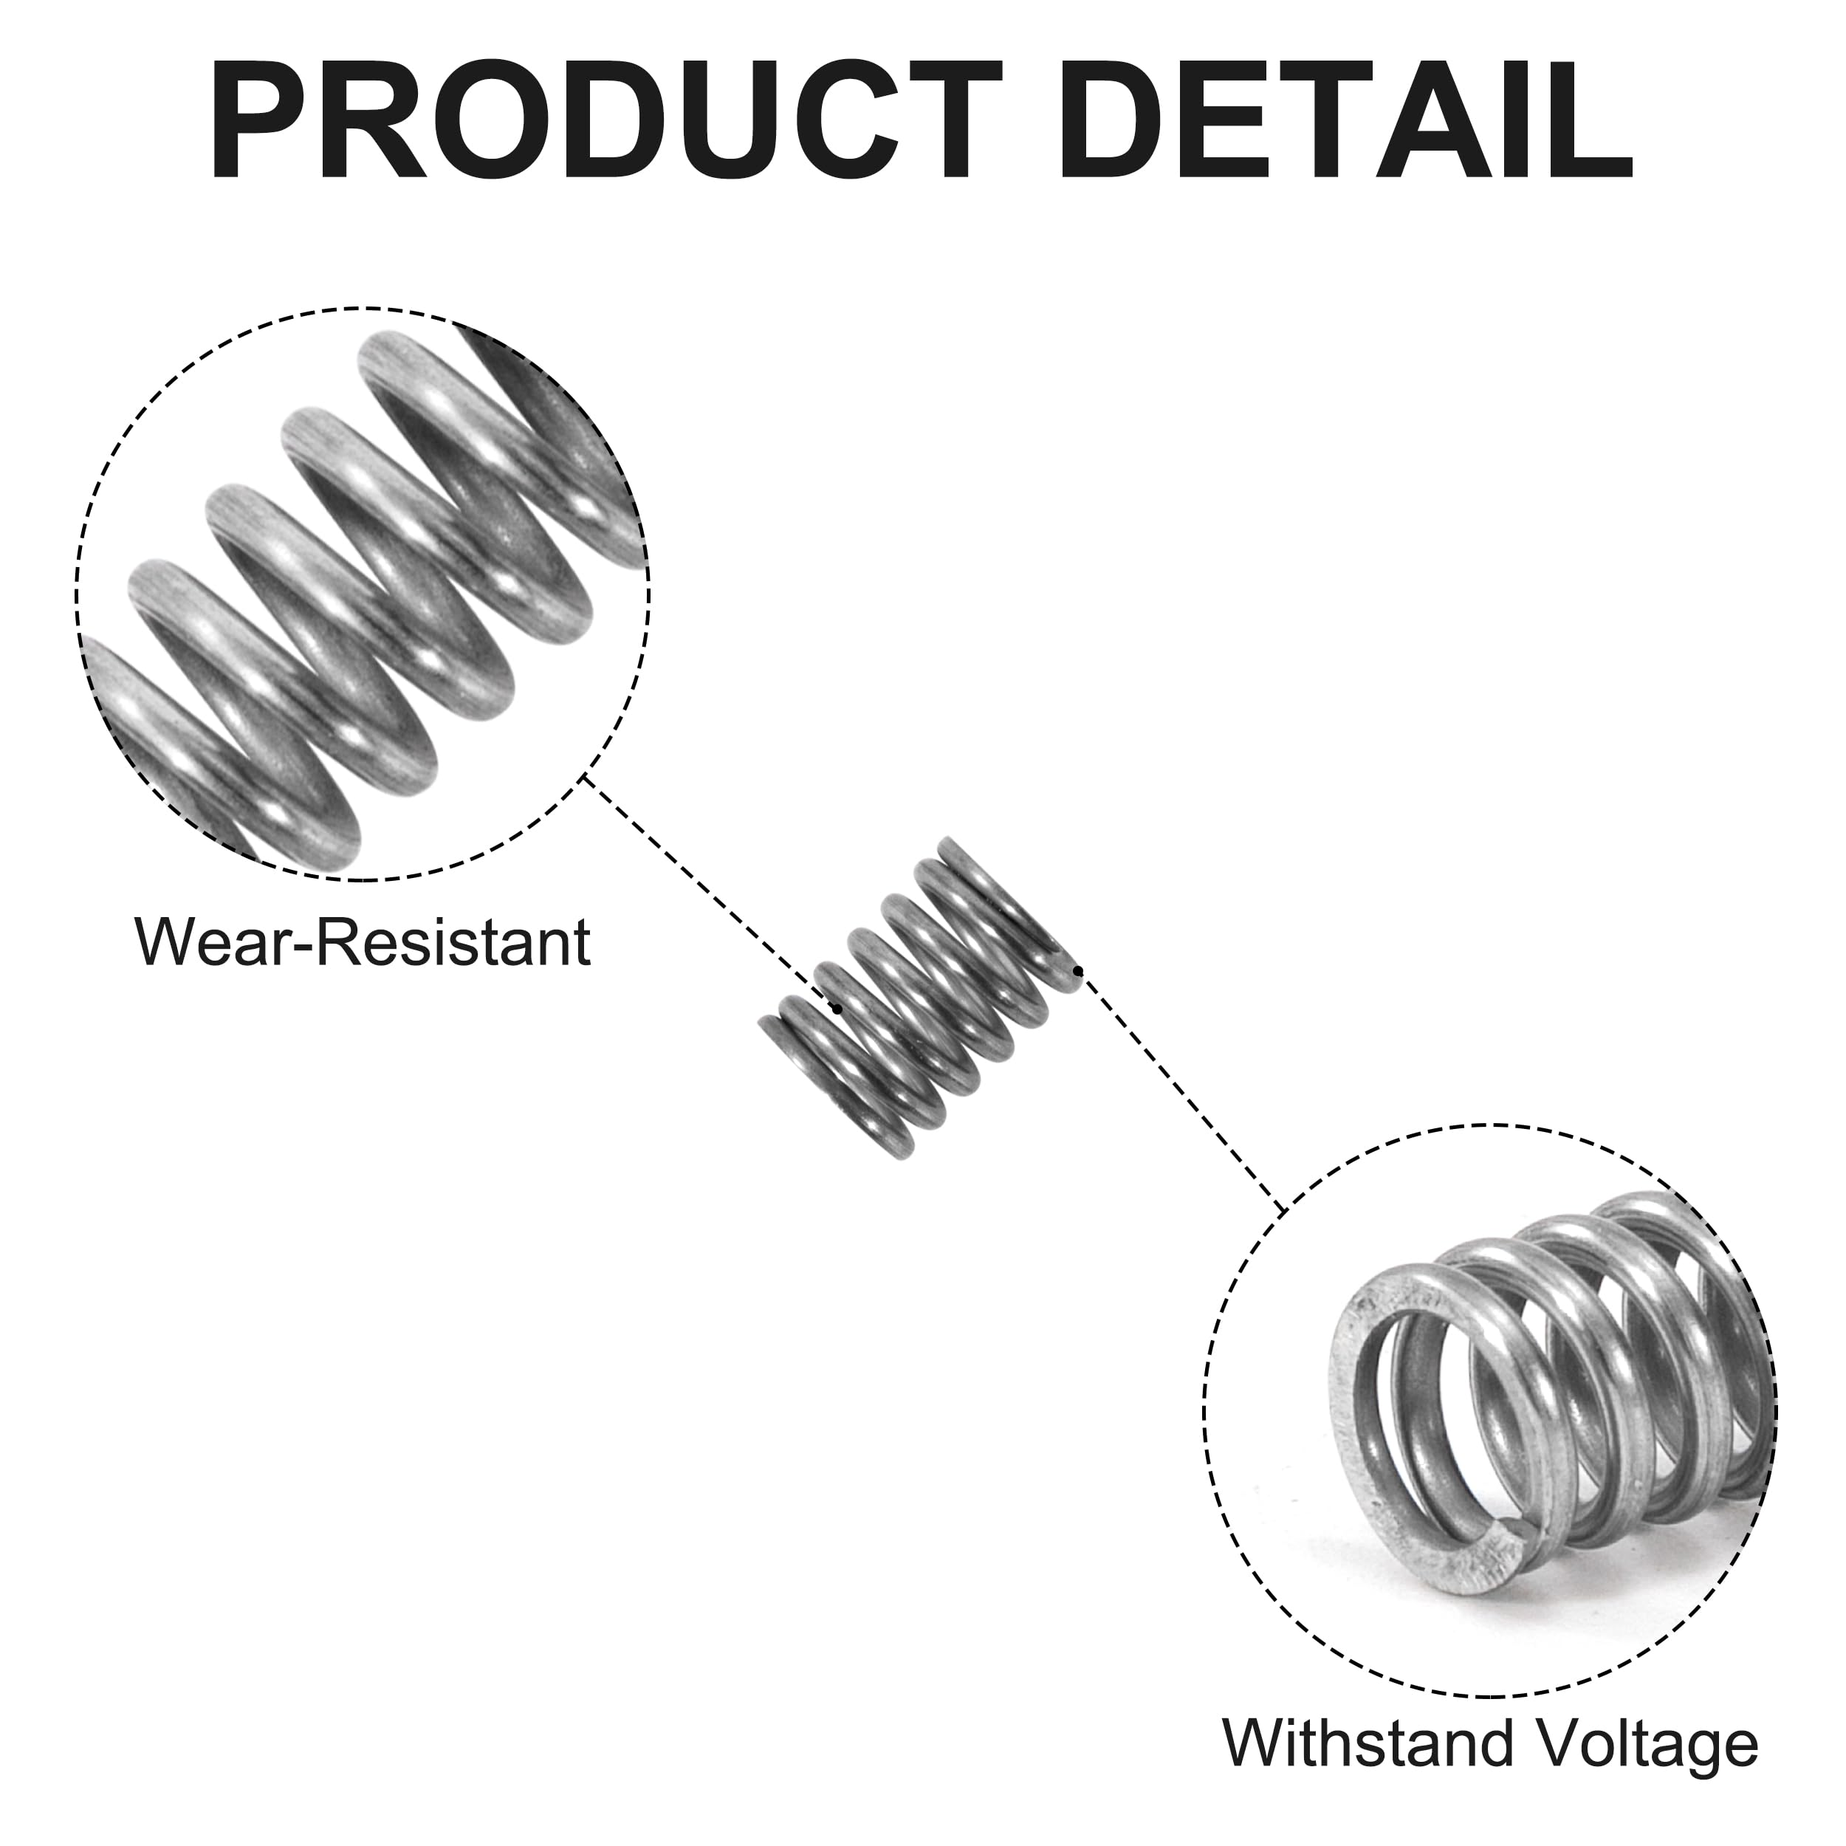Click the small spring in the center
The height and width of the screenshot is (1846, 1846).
[919, 998]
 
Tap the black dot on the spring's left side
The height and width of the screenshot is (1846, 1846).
[837, 1009]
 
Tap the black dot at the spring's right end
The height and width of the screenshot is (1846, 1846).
[1078, 972]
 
